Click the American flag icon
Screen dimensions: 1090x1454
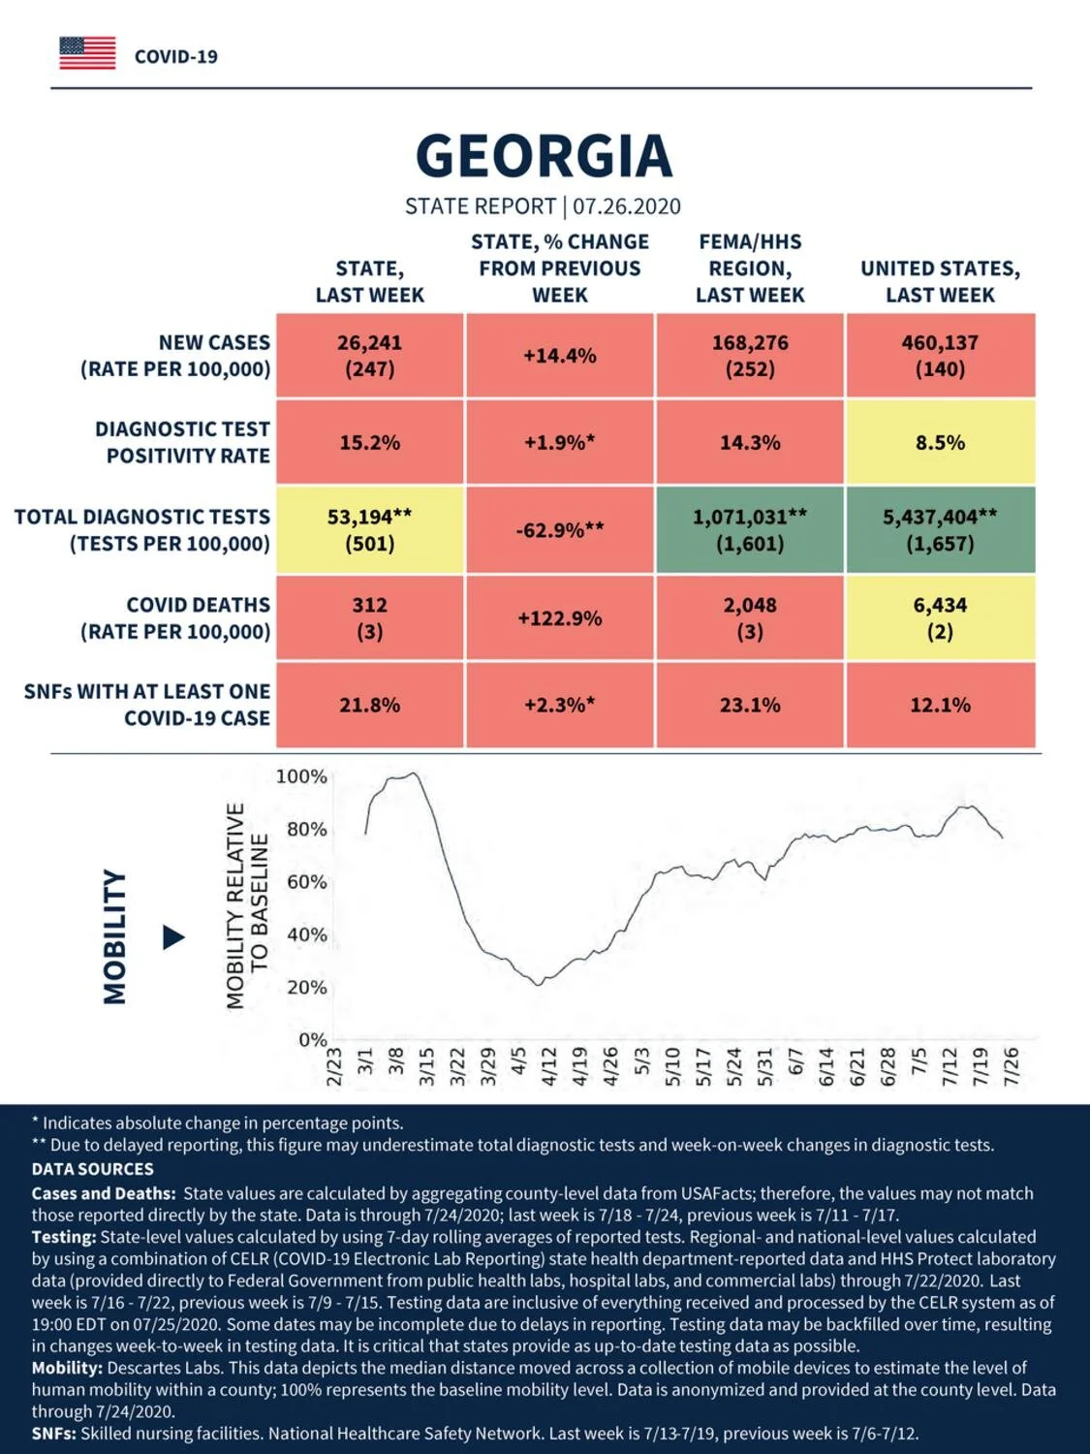click(x=87, y=53)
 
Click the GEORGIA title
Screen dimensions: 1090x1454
click(x=544, y=155)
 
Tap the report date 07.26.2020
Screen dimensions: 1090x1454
click(x=627, y=206)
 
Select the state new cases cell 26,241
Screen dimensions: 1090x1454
click(x=370, y=356)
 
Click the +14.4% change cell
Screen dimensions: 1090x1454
click(x=560, y=356)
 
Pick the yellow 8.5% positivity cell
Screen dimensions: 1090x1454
click(x=941, y=442)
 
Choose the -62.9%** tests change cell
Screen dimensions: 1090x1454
click(x=560, y=530)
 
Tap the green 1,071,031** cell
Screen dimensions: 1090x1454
click(x=750, y=530)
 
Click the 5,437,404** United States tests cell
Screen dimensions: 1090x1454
click(x=941, y=530)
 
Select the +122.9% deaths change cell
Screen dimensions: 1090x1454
click(x=560, y=618)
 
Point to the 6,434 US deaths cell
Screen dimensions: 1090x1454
click(x=941, y=618)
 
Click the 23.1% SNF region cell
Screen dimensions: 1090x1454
click(x=750, y=705)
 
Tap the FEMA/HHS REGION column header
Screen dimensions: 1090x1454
click(x=750, y=269)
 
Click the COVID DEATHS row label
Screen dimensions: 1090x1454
click(x=175, y=618)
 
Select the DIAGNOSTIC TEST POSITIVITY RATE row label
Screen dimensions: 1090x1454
click(x=183, y=442)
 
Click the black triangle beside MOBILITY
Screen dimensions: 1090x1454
click(x=173, y=937)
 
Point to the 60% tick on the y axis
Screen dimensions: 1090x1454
click(x=307, y=882)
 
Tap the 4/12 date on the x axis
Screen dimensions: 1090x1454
click(x=549, y=1066)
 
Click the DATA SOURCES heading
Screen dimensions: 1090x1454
click(x=93, y=1169)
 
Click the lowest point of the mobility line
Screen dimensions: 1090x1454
click(x=538, y=985)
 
